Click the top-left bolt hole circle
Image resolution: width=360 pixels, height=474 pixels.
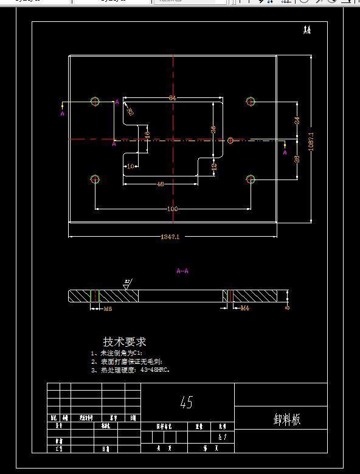click(95, 101)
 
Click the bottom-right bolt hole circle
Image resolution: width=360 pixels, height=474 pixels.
click(251, 179)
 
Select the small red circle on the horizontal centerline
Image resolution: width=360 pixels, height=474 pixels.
click(230, 141)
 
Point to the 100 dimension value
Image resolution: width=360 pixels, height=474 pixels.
click(173, 209)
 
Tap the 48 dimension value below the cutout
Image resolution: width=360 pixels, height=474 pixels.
click(161, 184)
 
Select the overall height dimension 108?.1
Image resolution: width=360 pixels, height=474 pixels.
click(311, 142)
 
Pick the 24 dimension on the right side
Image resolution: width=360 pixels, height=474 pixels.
click(297, 120)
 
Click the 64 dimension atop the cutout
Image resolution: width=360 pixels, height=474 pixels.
click(173, 98)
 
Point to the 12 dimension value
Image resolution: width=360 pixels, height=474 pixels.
click(214, 166)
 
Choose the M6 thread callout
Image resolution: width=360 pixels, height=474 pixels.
click(108, 309)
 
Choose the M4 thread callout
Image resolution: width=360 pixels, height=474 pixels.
click(244, 308)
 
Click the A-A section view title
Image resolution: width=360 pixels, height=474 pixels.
click(182, 271)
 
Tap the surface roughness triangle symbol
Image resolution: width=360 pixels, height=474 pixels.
click(128, 284)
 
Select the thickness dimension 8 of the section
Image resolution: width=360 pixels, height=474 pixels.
click(287, 308)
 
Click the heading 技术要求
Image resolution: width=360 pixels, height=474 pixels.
click(125, 342)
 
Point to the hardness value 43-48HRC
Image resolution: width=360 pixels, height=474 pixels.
click(152, 369)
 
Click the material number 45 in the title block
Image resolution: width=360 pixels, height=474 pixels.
click(186, 403)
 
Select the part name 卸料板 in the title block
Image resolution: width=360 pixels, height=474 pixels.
click(287, 420)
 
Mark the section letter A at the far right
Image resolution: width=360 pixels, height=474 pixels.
click(285, 153)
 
